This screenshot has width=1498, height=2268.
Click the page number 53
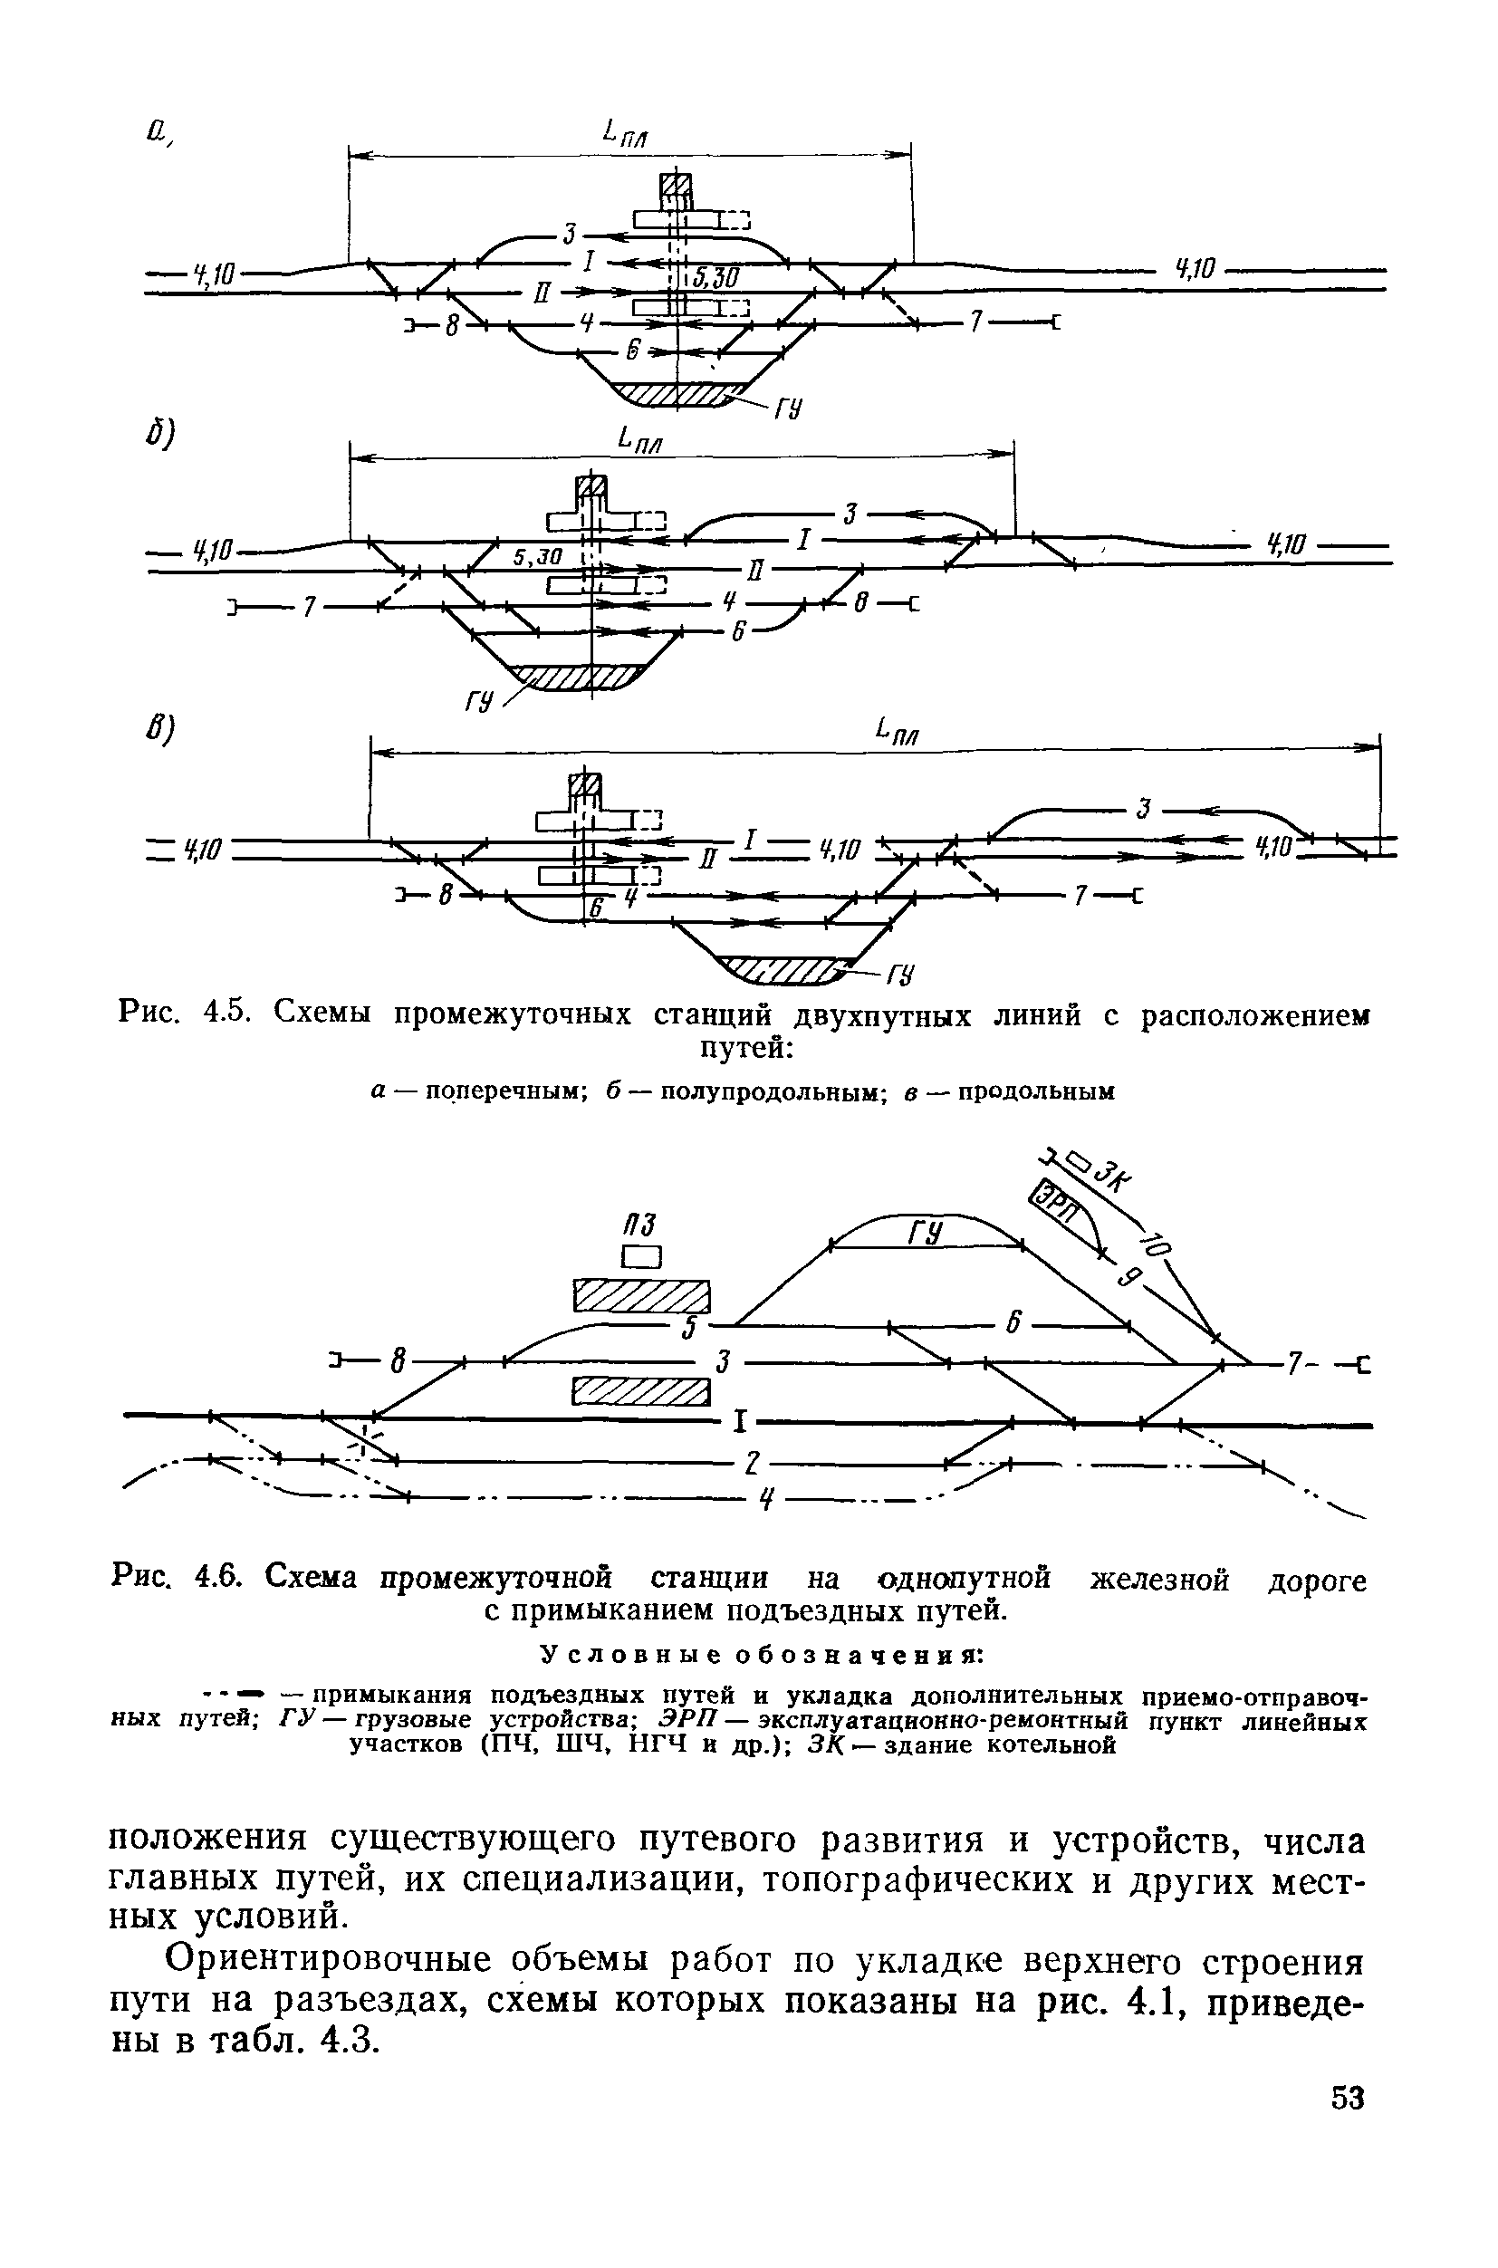point(1346,2097)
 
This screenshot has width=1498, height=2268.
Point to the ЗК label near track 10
point(1110,1177)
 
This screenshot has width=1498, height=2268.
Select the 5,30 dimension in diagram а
point(715,277)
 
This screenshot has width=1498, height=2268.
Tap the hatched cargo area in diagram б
point(578,678)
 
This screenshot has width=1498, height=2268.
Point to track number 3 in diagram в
point(1142,810)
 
